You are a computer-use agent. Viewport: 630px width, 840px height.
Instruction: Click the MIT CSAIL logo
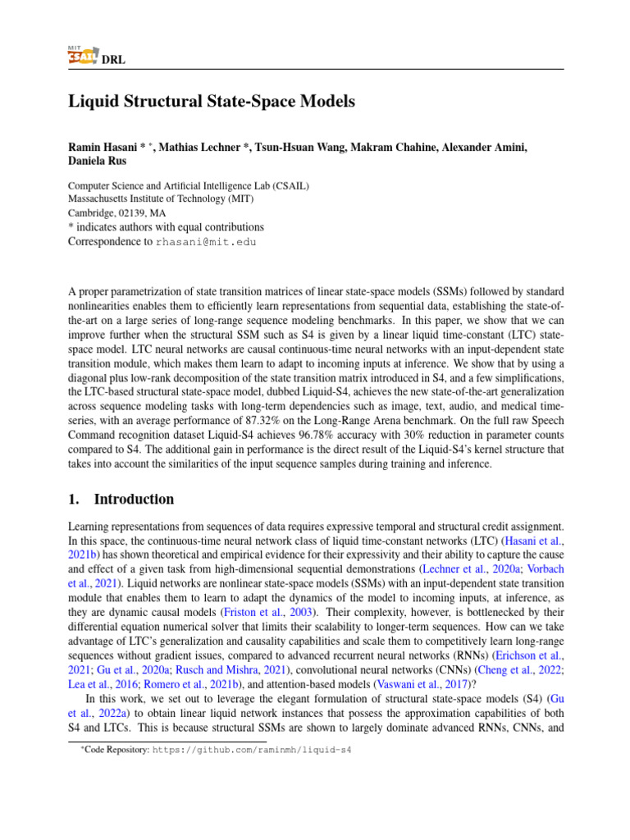tap(79, 55)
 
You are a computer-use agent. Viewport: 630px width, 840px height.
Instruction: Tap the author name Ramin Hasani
tap(105, 148)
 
